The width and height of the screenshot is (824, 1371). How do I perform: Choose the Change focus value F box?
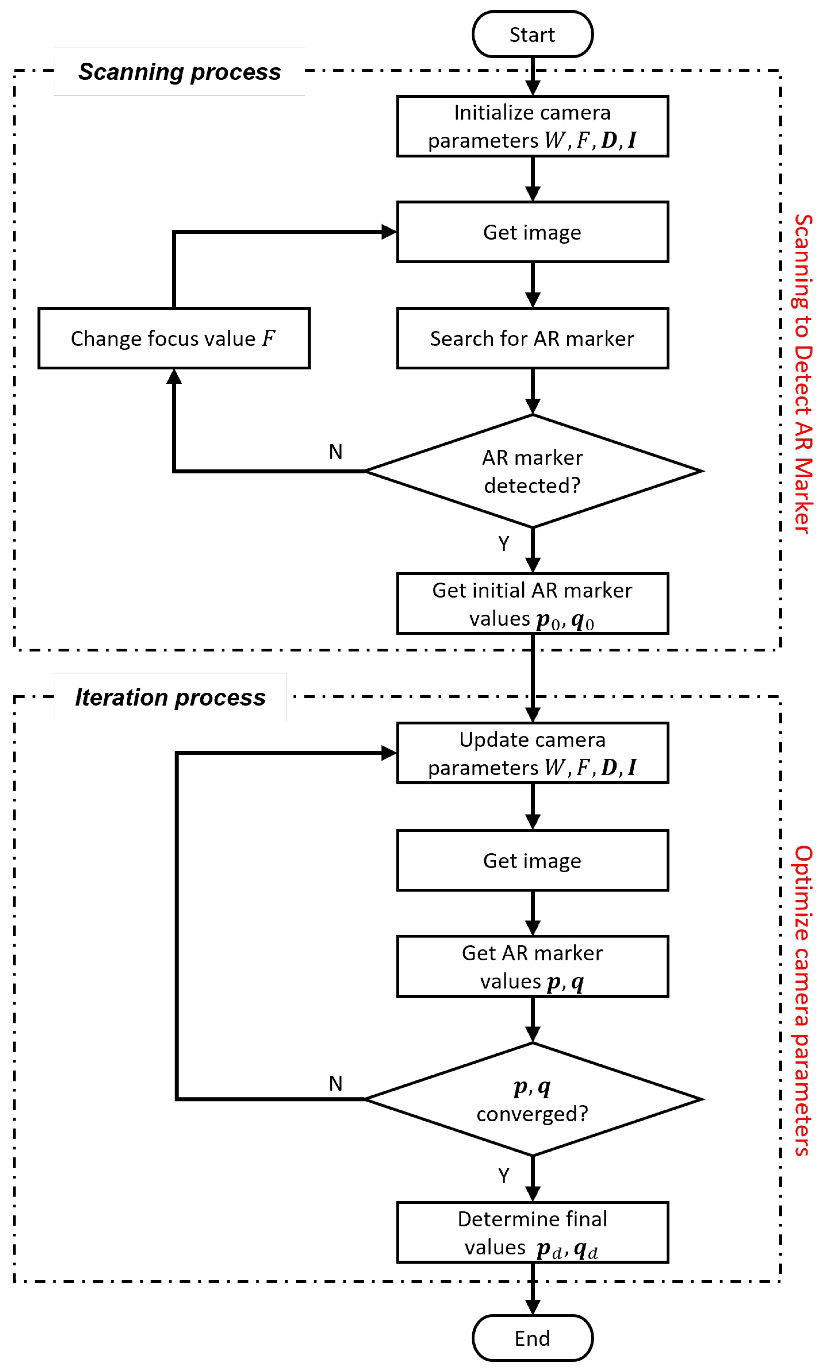click(x=174, y=338)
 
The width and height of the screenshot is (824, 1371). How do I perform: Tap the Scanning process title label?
click(x=179, y=72)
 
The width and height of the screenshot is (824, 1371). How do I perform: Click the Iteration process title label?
click(x=170, y=697)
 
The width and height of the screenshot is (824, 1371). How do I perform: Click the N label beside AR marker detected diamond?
click(x=335, y=452)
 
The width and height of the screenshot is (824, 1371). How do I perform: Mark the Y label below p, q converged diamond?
click(x=503, y=1176)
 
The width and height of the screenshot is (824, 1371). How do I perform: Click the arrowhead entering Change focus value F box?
click(x=174, y=377)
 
